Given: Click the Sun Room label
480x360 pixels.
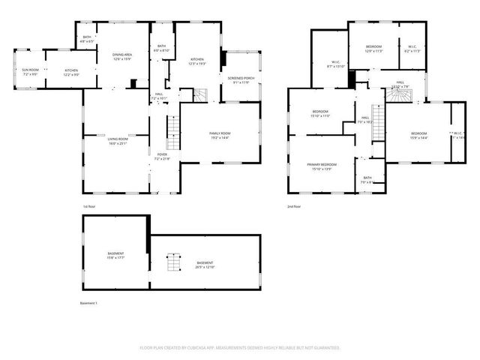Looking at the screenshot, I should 30,72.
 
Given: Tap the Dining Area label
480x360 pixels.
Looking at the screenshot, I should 122,57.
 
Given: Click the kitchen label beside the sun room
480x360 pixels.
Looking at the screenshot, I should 71,72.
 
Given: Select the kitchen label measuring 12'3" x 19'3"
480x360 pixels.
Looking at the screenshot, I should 197,61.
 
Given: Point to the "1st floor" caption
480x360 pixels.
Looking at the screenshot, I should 89,206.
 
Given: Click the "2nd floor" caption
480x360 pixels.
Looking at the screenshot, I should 294,206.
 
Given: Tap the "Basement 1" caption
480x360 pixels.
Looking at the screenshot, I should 88,303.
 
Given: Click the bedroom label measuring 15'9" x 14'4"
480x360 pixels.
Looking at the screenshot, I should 418,136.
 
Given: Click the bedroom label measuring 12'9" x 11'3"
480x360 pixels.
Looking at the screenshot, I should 374,49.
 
